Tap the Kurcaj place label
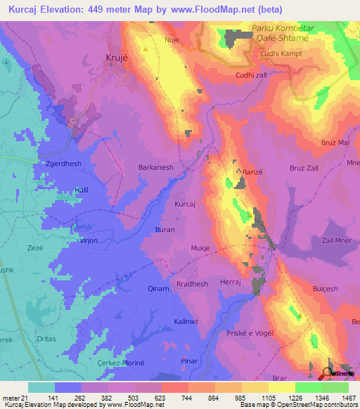pos(184,204)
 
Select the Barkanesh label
pos(156,168)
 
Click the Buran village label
pos(165,230)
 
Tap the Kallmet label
pos(187,322)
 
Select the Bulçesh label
pos(326,289)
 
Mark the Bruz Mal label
pos(335,143)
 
